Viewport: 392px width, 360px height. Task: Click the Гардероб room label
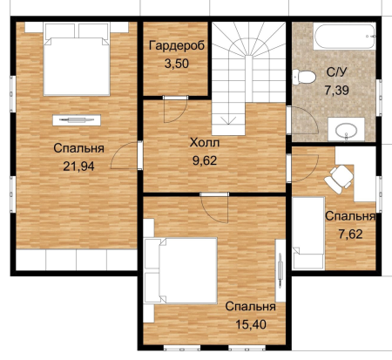(x=177, y=45)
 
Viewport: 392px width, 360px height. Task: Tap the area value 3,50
(x=177, y=64)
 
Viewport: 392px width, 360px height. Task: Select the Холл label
(x=205, y=143)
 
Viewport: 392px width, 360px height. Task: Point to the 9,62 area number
(x=205, y=160)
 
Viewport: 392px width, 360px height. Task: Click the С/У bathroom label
(x=336, y=72)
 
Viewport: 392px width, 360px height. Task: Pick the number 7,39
(x=337, y=91)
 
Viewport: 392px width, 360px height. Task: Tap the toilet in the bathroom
(x=304, y=77)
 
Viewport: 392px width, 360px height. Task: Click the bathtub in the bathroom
(x=344, y=37)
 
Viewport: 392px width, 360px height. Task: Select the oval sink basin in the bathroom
(x=347, y=131)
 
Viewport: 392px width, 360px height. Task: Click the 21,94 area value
(x=78, y=166)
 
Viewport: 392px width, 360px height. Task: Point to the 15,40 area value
(x=251, y=324)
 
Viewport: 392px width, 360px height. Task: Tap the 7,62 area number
(x=351, y=234)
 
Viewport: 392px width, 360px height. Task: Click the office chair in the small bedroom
(x=339, y=179)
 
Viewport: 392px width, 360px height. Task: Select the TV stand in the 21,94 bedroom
(x=77, y=120)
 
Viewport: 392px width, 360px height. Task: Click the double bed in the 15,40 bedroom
(x=180, y=271)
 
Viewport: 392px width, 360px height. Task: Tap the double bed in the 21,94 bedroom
(x=77, y=59)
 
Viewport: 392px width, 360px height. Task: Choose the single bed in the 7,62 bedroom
(x=308, y=234)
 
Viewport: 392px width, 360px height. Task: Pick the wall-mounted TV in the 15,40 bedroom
(x=280, y=270)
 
